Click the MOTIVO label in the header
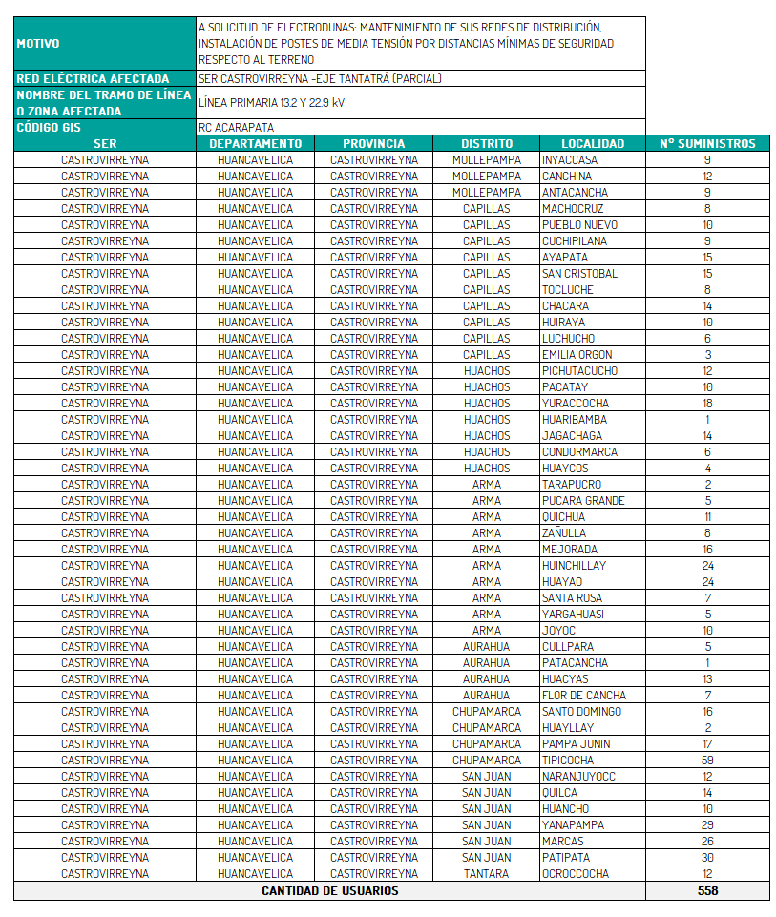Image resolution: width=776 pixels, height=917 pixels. click(x=38, y=44)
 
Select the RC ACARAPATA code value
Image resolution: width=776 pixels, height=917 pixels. click(x=237, y=127)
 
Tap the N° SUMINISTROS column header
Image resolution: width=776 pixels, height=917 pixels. click(x=707, y=144)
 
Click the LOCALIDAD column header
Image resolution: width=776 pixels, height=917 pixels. click(x=592, y=144)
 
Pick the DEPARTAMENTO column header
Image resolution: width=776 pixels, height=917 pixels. click(x=255, y=144)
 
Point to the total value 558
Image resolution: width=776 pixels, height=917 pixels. click(x=707, y=891)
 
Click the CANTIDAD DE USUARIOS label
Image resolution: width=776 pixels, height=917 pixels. click(x=329, y=891)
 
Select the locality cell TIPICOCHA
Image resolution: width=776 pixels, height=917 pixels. click(x=568, y=761)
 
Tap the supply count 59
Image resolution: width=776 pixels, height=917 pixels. click(x=707, y=761)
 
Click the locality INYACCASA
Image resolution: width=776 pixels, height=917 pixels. click(x=570, y=160)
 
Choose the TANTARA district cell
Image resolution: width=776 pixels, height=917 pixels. click(x=486, y=874)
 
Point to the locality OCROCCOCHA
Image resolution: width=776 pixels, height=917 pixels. click(x=575, y=874)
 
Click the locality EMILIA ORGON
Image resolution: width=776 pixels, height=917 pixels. click(x=577, y=355)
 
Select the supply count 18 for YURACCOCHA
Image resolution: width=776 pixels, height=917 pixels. click(x=707, y=404)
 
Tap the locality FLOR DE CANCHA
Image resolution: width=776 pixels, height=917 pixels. click(x=584, y=696)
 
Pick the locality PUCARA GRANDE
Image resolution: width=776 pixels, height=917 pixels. click(x=583, y=501)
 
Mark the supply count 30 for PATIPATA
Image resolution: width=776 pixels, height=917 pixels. click(x=707, y=858)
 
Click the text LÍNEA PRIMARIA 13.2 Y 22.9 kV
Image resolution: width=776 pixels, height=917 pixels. click(x=272, y=102)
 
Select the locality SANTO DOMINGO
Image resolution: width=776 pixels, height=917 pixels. click(x=581, y=712)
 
